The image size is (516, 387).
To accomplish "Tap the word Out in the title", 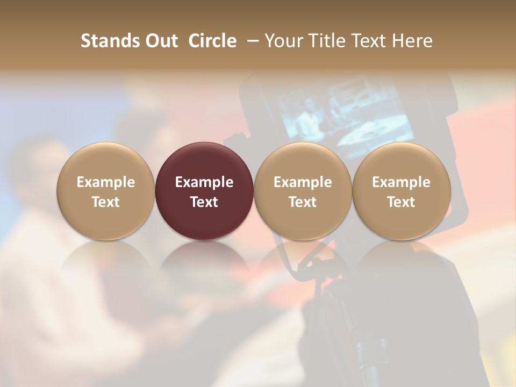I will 160,41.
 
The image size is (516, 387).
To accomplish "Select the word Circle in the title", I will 212,41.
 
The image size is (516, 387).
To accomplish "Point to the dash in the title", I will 250,41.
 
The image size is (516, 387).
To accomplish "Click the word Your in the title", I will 282,41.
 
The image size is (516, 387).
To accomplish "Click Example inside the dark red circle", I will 204,182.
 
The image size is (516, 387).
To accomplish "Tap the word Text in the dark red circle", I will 204,202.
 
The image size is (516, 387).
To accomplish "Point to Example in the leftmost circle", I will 105,182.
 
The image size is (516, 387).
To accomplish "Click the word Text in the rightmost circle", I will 402,202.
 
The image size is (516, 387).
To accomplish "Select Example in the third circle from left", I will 303,182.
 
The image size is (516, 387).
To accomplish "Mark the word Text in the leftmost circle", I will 105,202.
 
